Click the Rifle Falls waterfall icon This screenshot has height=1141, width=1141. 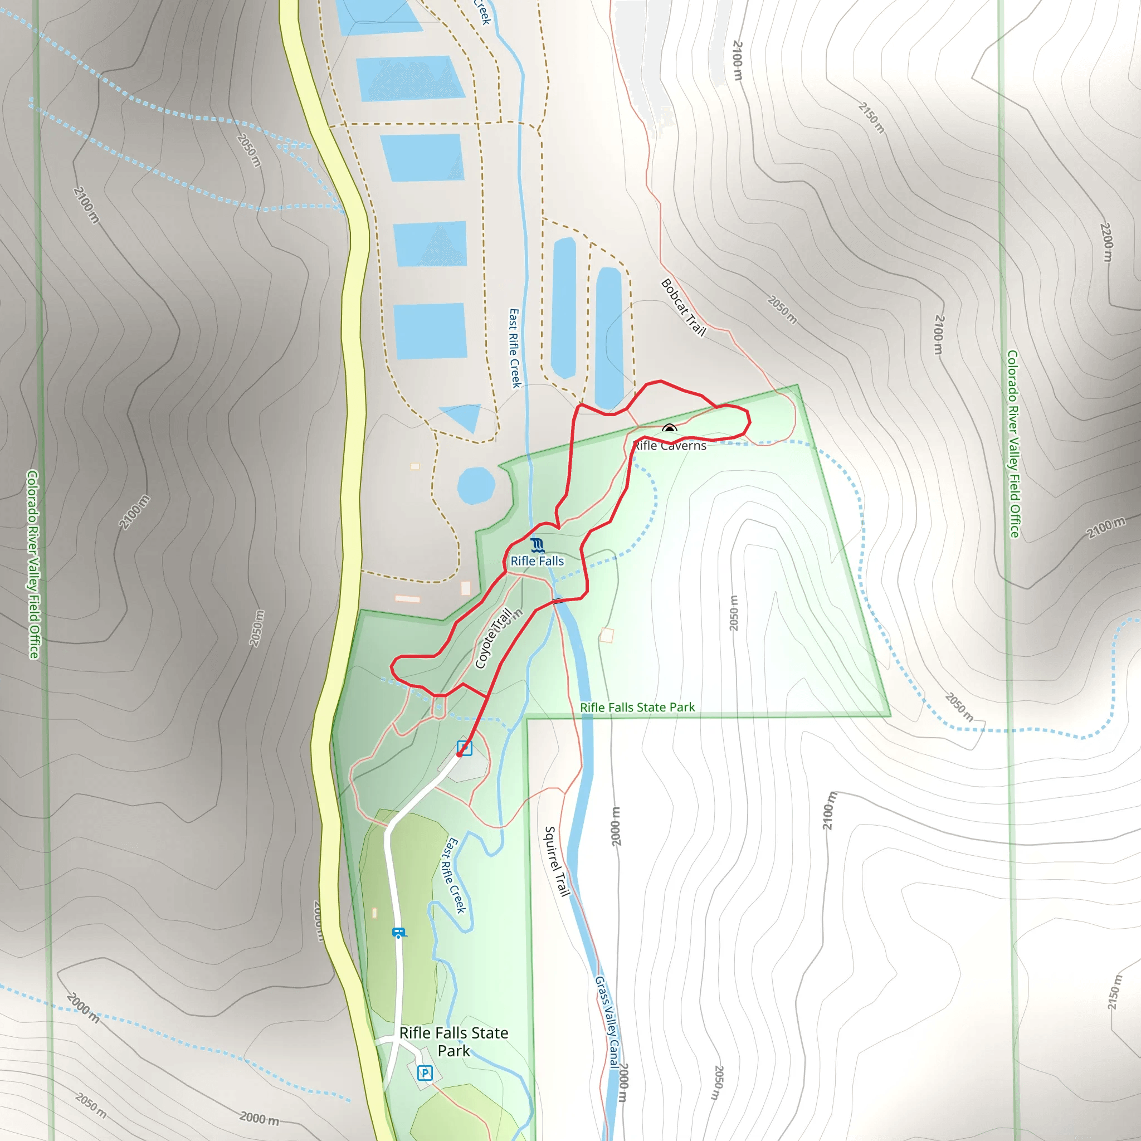537,544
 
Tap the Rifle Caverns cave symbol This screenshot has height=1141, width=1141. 669,430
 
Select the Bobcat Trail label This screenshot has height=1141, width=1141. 683,307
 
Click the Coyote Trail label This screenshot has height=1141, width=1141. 493,638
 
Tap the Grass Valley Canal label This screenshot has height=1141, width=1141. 607,1022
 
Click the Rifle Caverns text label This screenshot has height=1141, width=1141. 670,446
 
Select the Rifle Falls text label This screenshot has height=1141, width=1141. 537,561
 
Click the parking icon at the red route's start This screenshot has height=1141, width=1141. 465,748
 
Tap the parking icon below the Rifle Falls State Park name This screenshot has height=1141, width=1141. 425,1072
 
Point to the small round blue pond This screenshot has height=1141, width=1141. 476,485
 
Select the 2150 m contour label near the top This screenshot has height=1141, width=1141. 872,118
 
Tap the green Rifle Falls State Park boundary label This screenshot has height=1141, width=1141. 637,708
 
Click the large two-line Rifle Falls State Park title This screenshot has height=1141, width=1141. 454,1042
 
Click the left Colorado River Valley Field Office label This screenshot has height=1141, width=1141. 33,564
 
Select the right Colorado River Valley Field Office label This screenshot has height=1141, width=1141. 1013,444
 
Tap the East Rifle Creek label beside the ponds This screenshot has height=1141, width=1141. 515,348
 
